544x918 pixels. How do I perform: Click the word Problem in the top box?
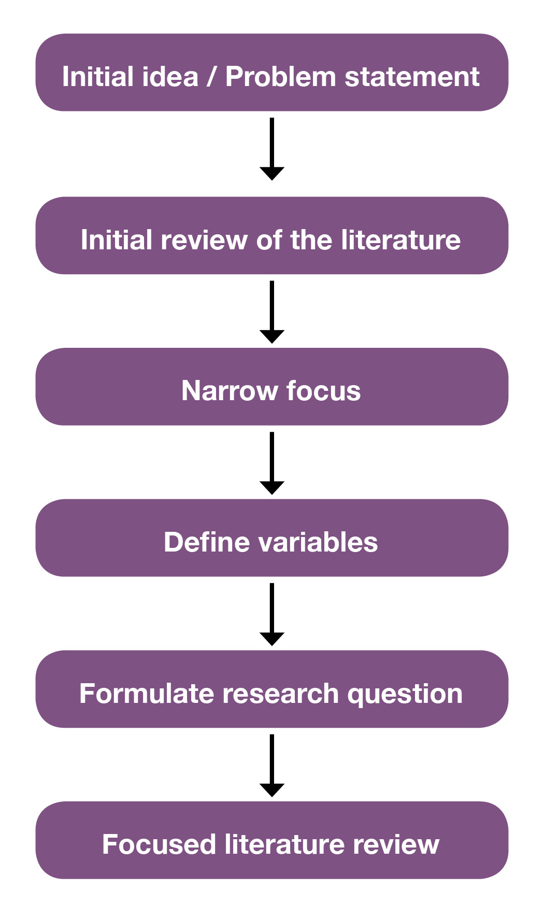(x=281, y=77)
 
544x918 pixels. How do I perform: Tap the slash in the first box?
(x=211, y=77)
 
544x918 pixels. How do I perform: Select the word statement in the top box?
(x=412, y=77)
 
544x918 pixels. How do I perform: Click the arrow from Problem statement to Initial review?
(x=271, y=149)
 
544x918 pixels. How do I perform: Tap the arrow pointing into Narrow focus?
(x=271, y=312)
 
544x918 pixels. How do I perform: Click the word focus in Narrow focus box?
(x=323, y=391)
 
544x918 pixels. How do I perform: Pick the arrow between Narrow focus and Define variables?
(x=271, y=463)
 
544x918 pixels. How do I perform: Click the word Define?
(x=207, y=542)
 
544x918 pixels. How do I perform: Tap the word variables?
(x=318, y=542)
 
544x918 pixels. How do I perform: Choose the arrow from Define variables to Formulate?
(x=271, y=614)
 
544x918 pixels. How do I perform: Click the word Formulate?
(x=147, y=694)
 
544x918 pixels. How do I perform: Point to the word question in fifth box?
(x=405, y=694)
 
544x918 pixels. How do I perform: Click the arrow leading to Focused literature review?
(x=271, y=766)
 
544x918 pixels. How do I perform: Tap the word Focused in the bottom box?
(x=159, y=844)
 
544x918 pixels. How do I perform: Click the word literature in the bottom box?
(x=284, y=844)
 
